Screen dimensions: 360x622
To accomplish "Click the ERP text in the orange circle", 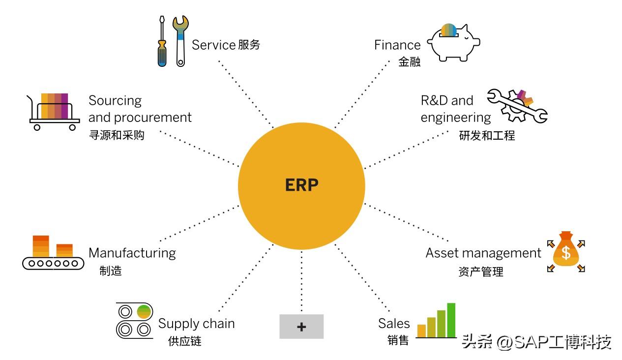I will [x=301, y=185].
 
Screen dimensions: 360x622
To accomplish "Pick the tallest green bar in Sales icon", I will [x=451, y=320].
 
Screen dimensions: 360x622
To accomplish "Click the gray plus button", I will [x=301, y=327].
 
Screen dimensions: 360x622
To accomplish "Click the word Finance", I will [x=397, y=45].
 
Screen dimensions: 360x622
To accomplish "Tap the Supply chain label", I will [x=196, y=324].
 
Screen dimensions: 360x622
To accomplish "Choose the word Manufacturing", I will [x=132, y=253].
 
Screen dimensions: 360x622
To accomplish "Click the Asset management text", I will [x=483, y=253].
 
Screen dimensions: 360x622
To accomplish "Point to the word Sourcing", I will [x=115, y=101].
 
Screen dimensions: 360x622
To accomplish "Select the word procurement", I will [x=153, y=118].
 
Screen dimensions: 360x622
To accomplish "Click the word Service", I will [x=213, y=45].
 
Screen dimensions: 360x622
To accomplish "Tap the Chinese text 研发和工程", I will [x=487, y=135].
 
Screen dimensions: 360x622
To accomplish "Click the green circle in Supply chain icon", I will [x=144, y=311].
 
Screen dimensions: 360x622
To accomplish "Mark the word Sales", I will [x=394, y=323].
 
